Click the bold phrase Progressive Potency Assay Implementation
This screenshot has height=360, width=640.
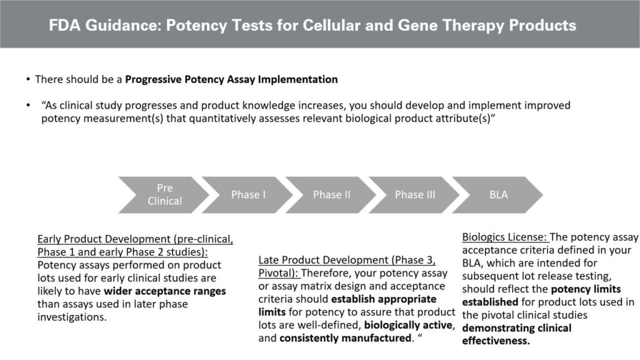(x=231, y=79)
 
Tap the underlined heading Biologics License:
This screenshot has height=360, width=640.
(x=504, y=237)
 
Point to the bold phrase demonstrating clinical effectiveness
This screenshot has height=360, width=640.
(x=516, y=334)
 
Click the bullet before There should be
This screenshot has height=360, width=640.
(x=28, y=80)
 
